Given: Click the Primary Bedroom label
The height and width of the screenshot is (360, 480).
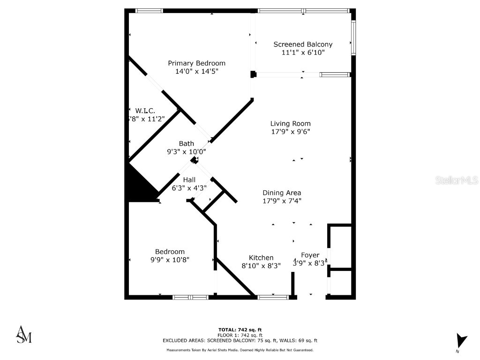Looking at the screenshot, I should (x=196, y=63).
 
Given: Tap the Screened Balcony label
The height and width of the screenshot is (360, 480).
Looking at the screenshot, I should (x=303, y=45).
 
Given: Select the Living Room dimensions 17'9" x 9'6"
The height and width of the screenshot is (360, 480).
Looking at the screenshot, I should (x=290, y=132).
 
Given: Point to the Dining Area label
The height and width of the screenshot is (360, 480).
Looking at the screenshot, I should (x=281, y=193).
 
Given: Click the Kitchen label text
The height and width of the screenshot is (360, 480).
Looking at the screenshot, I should (x=261, y=257).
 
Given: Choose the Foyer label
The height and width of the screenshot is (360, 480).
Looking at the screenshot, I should (x=310, y=255).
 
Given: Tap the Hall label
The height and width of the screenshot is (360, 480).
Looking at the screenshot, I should (x=189, y=180).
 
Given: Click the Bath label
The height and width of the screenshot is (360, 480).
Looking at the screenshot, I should (x=186, y=143).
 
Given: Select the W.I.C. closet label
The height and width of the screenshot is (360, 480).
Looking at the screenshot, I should (x=145, y=111).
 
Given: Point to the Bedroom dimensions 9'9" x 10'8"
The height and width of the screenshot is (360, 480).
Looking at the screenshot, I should (x=170, y=260).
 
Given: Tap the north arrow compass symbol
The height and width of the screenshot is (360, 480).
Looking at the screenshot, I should (x=461, y=341).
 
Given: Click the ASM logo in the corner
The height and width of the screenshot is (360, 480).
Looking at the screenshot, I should (x=24, y=334).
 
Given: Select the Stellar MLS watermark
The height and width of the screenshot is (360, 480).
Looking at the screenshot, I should (x=456, y=180).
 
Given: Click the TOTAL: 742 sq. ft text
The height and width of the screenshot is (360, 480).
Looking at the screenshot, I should (x=240, y=330).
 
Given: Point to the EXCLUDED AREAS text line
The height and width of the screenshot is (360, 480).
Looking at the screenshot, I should (x=240, y=340).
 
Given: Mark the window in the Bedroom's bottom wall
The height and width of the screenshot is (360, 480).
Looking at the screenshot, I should (x=190, y=297).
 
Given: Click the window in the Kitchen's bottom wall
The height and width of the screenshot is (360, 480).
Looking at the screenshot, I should (x=273, y=297).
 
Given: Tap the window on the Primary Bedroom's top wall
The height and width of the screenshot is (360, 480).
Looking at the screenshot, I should (x=149, y=10).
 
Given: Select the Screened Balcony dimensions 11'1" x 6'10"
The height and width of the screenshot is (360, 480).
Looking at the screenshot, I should (x=303, y=53).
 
